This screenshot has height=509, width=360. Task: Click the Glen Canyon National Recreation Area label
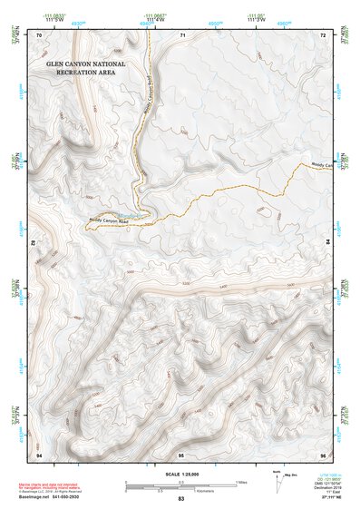coord(89,73)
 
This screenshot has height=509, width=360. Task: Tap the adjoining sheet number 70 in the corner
coord(39,34)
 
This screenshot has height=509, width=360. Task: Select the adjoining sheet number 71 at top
coord(182,34)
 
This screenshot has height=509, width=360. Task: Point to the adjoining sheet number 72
coord(322,34)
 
